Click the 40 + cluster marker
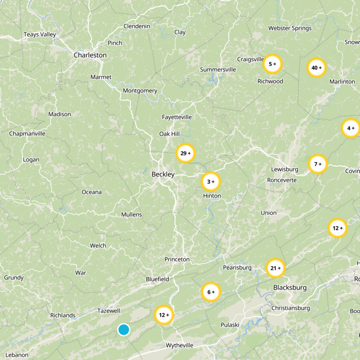(316, 68)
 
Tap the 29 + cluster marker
(185, 153)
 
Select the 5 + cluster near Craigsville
(272, 64)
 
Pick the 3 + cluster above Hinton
(211, 182)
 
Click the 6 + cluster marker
(211, 292)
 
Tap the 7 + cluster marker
(318, 164)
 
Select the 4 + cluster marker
(351, 129)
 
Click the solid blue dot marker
(124, 329)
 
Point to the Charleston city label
(90, 55)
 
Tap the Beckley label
(163, 174)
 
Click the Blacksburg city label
(290, 288)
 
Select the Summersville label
(218, 70)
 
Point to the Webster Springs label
(290, 28)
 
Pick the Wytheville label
(180, 345)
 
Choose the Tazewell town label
(109, 311)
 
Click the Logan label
(31, 160)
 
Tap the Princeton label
(177, 260)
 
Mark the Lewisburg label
(285, 169)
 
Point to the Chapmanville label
(27, 134)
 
